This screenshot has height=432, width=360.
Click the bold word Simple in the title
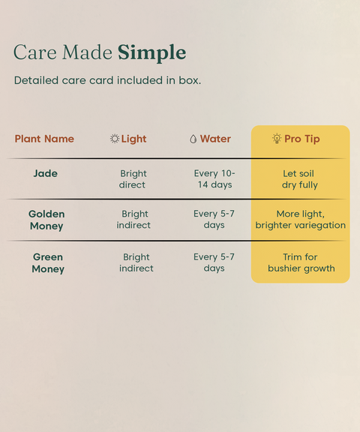pos(152,53)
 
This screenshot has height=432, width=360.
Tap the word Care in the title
pos(35,52)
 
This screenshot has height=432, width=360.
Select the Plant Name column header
pos(44,139)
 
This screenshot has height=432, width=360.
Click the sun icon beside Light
pos(115,139)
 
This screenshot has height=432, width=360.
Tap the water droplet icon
pos(193,139)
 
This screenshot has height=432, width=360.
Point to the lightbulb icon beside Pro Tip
pos(277,138)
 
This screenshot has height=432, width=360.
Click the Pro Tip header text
pos(302,139)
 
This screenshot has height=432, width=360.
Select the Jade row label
pos(46,173)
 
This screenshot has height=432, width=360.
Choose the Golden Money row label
pos(46,220)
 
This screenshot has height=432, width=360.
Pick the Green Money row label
pos(48,262)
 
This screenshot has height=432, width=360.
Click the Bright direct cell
pos(133,179)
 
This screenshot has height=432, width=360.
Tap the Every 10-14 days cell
pos(214,179)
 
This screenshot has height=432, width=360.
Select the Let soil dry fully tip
pos(300,179)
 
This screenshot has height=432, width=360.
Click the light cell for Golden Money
pos(133,220)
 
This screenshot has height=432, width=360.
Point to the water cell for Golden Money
pos(214,220)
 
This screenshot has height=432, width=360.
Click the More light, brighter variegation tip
pos(300,220)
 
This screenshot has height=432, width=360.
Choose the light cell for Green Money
pos(136,262)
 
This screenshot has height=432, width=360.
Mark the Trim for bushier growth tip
pos(301,262)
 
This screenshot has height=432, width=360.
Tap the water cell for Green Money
pos(214,262)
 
